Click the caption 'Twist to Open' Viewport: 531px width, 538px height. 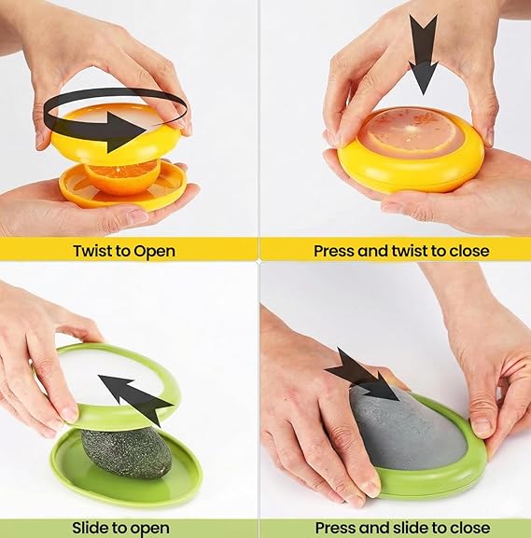[124, 250]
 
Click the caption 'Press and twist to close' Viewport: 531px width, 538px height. [401, 250]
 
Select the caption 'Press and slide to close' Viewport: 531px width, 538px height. [401, 529]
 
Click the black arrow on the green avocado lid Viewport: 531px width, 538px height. [135, 397]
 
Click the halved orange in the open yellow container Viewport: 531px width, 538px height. [121, 177]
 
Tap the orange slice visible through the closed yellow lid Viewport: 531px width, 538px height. [411, 133]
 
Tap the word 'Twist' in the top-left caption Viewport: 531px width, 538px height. [93, 250]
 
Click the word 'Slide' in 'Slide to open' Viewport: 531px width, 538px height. [92, 529]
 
